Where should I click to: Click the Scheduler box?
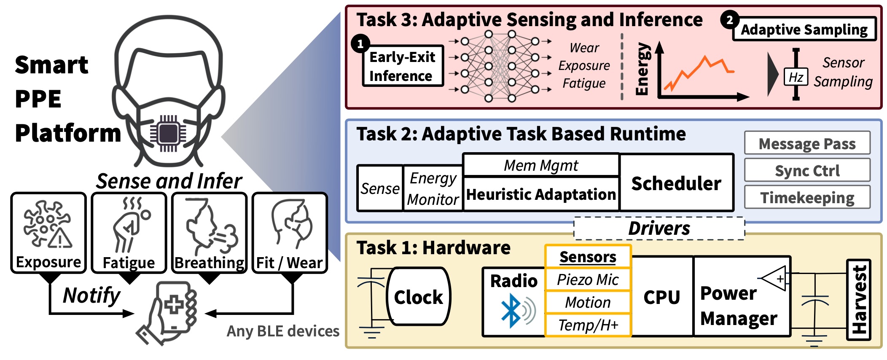click(676, 183)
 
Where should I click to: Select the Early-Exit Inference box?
click(403, 66)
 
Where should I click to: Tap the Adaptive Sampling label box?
click(804, 29)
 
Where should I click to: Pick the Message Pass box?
click(807, 143)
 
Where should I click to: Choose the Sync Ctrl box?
click(807, 170)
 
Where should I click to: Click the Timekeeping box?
click(807, 197)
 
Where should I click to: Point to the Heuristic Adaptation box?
click(541, 194)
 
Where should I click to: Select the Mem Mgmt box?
click(541, 165)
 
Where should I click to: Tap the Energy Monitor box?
click(433, 188)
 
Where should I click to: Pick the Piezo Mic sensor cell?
click(588, 279)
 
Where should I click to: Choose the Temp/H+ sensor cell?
click(588, 325)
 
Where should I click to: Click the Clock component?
click(418, 297)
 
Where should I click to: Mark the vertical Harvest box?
click(858, 300)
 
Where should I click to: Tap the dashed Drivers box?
click(659, 228)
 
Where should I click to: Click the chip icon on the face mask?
click(168, 133)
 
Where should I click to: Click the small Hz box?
click(796, 77)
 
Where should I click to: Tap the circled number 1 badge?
click(360, 44)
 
